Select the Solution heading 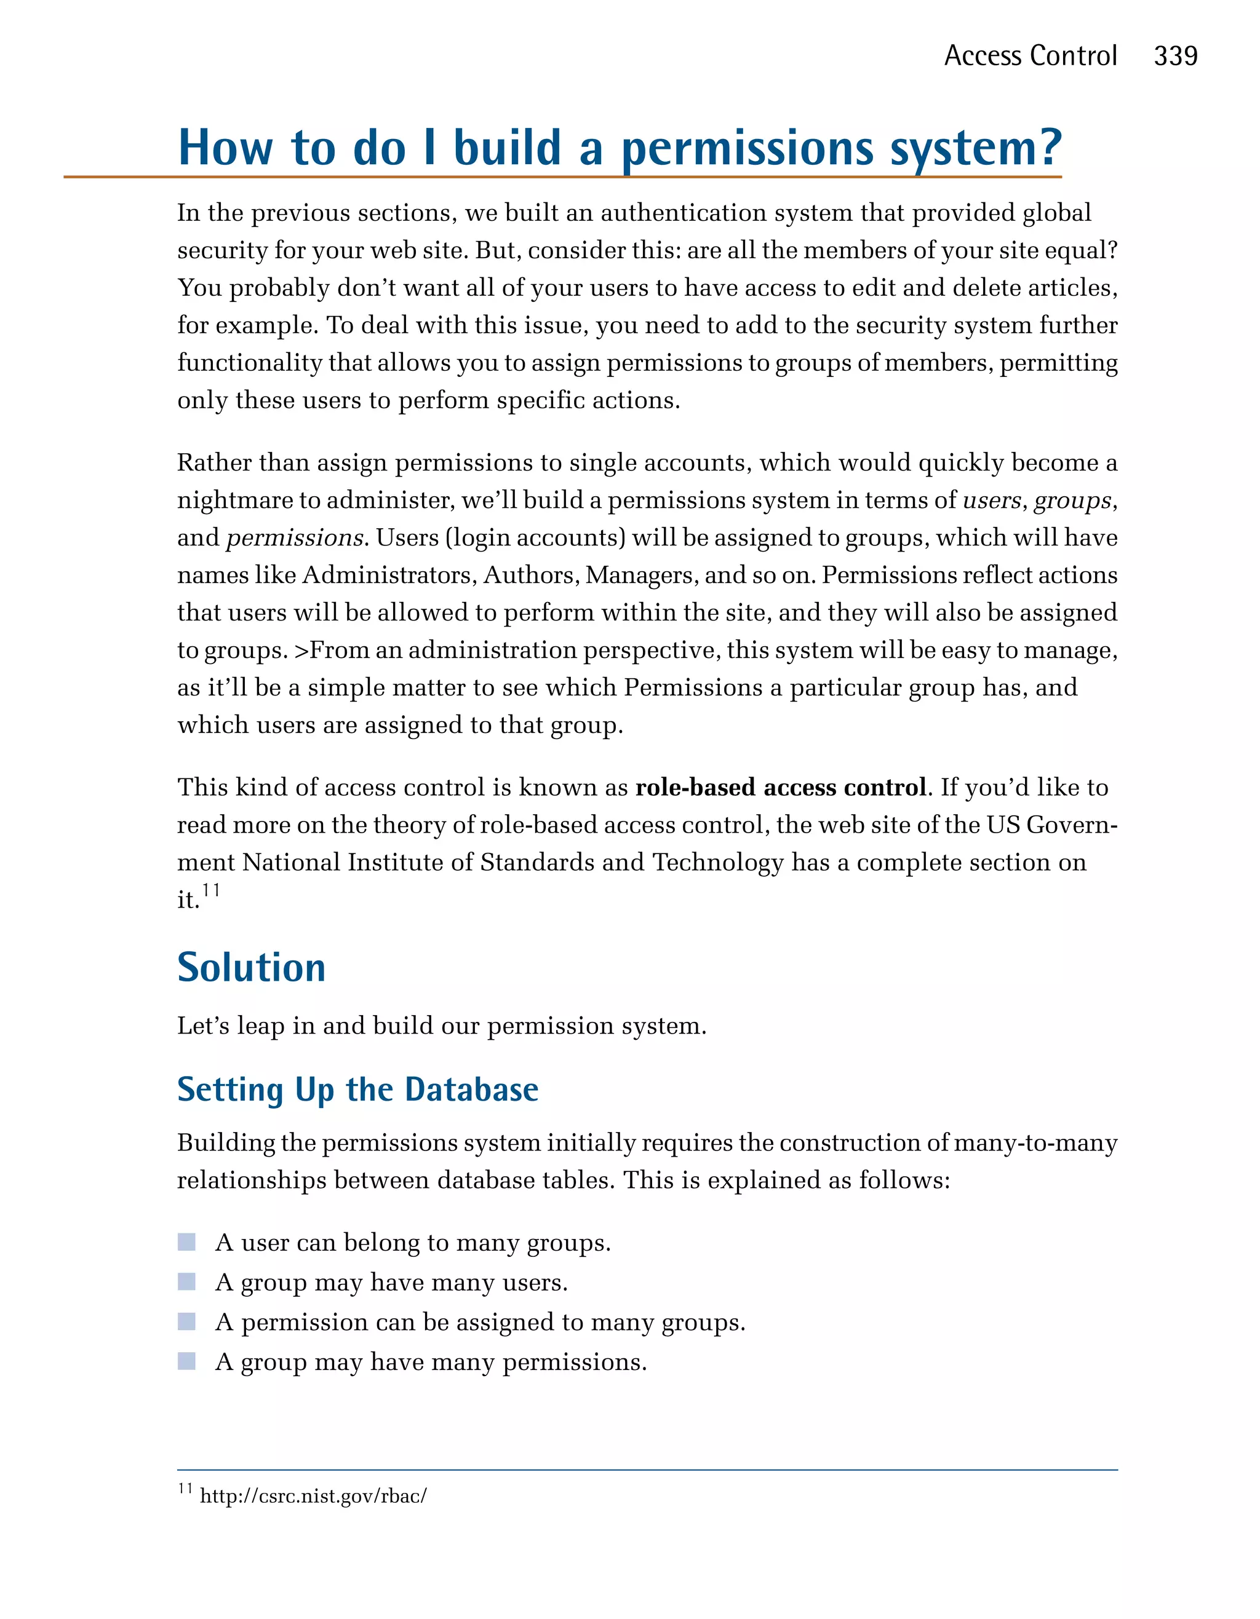tap(252, 967)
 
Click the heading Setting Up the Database tap(357, 1090)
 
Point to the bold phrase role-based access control tap(780, 786)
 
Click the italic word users tap(992, 501)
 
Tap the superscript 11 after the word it tap(210, 890)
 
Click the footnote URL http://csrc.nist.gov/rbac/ tap(313, 1496)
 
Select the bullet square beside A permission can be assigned tap(187, 1321)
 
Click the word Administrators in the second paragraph tap(389, 576)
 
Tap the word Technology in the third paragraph tap(717, 862)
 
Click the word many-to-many tap(1035, 1142)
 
